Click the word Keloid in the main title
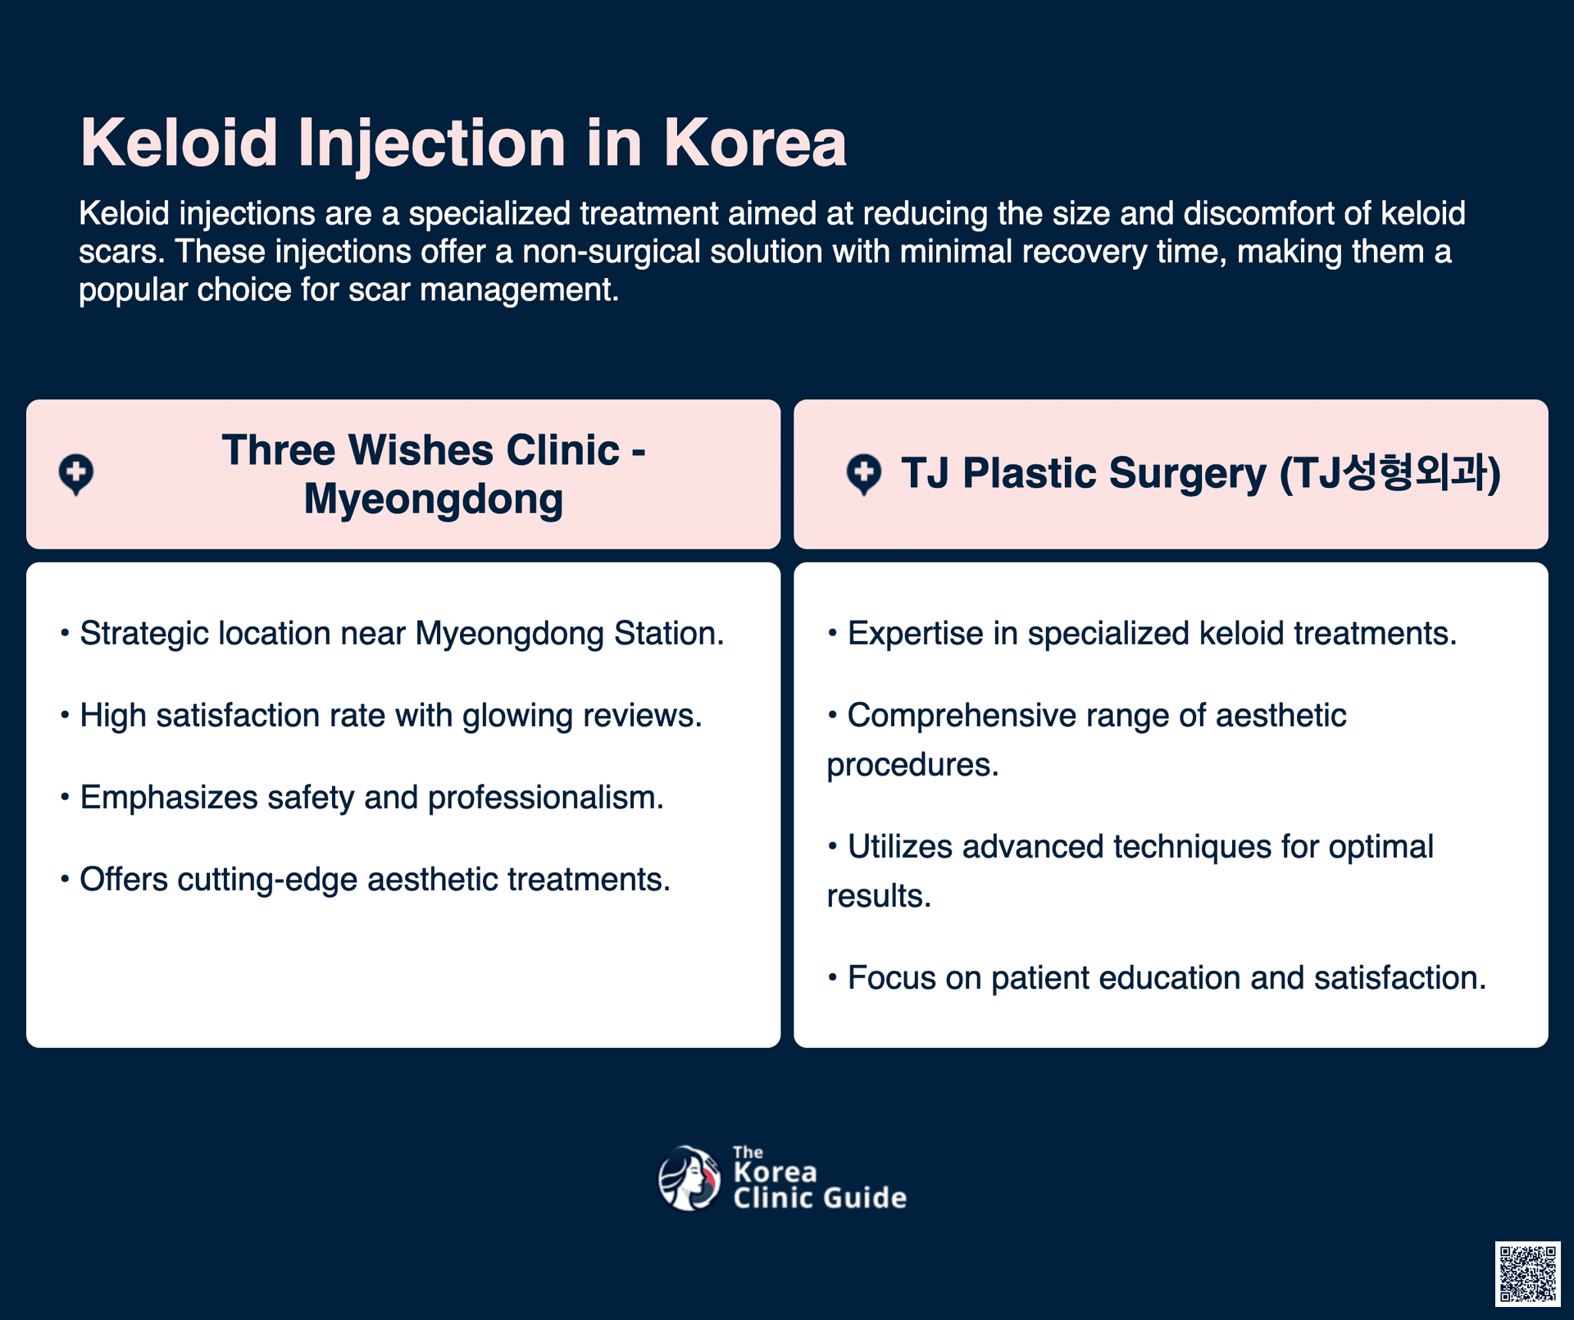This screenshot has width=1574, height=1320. [x=180, y=143]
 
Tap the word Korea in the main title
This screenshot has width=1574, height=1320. [x=755, y=143]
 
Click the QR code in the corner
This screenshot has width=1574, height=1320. [x=1527, y=1273]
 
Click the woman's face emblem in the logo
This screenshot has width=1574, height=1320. [x=689, y=1178]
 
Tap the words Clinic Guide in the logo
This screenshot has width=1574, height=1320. [x=820, y=1198]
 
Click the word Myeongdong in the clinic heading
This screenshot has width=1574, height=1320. [x=434, y=499]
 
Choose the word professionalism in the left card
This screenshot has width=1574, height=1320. [x=546, y=798]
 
